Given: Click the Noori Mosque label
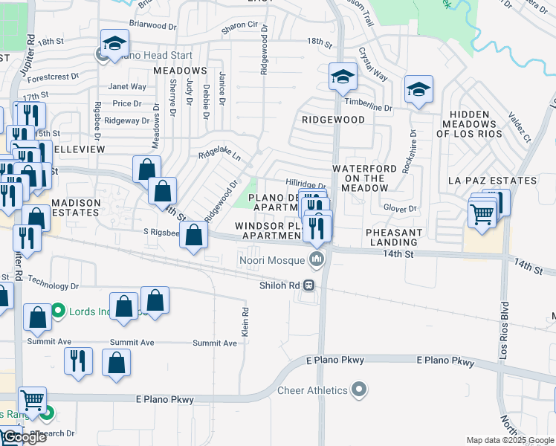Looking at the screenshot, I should click(273, 259).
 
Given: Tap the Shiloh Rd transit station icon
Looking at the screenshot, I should click(307, 285).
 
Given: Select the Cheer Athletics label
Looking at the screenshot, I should click(312, 390).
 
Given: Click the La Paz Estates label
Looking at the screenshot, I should click(492, 181).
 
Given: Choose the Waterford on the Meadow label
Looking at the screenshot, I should click(369, 178).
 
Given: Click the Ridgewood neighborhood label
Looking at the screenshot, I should click(333, 119).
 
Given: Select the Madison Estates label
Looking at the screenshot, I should click(74, 207).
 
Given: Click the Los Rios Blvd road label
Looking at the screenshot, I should click(503, 329).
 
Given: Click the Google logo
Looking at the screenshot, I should click(25, 437).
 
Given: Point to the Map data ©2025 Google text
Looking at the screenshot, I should click(508, 440).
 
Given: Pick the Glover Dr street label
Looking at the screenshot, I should click(401, 209).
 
